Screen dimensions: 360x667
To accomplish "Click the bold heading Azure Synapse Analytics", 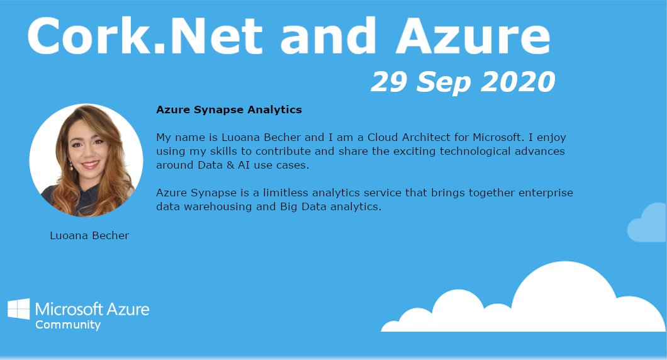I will (229, 110).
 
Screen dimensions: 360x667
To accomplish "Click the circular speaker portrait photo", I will (86, 160).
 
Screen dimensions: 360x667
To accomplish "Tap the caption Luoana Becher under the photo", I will (89, 235).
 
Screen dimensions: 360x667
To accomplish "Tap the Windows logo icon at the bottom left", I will (18, 310).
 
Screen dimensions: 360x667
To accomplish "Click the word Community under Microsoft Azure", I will (68, 325).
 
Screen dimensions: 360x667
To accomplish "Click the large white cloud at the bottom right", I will (554, 302).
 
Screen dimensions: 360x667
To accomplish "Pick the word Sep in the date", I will (440, 82).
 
